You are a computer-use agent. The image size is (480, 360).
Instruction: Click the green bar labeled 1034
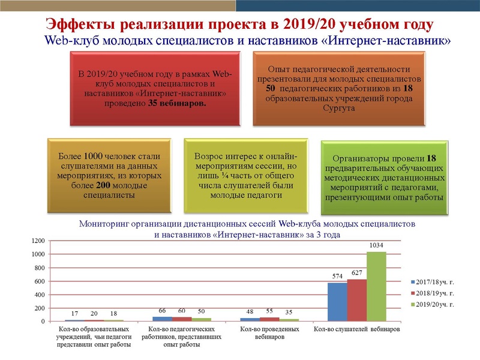[x=376, y=286]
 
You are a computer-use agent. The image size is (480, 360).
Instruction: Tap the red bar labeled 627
[x=356, y=300]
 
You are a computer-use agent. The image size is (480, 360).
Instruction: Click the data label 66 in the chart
[x=162, y=311]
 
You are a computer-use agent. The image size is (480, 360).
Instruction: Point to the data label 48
[x=250, y=312]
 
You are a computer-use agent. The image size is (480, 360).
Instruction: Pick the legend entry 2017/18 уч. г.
[x=434, y=281]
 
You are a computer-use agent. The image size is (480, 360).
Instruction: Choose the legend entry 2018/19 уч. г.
[x=434, y=293]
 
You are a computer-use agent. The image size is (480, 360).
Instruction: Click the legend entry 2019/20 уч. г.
[x=434, y=305]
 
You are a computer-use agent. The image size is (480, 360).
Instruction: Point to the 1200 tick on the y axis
[x=38, y=241]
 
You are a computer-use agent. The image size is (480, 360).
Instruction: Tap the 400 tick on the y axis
[x=40, y=295]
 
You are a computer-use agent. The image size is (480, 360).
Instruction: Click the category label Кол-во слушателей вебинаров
[x=357, y=329]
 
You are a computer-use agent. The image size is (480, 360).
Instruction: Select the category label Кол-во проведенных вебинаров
[x=269, y=333]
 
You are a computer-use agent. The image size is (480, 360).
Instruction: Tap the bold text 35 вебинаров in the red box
[x=176, y=104]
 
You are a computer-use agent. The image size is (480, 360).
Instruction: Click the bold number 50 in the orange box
[x=270, y=89]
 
